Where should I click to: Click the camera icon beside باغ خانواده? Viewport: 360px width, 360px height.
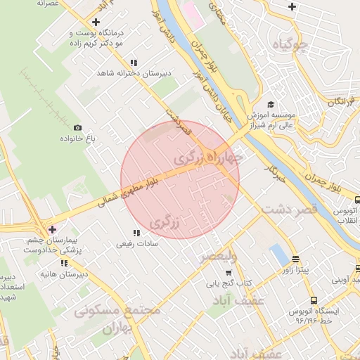pyautogui.click(x=77, y=128)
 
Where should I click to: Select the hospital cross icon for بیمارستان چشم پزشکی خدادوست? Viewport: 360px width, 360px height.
pyautogui.click(x=52, y=229)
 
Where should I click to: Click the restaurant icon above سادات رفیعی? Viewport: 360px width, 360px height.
pyautogui.click(x=136, y=233)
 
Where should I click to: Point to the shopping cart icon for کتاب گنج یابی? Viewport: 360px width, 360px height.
pyautogui.click(x=229, y=273)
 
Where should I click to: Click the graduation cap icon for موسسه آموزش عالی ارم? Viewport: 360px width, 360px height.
pyautogui.click(x=270, y=101)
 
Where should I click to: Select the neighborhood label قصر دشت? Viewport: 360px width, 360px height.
pyautogui.click(x=290, y=209)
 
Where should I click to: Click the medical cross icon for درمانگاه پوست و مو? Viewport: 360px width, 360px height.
pyautogui.click(x=96, y=22)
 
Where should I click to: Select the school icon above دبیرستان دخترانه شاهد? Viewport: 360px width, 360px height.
pyautogui.click(x=134, y=63)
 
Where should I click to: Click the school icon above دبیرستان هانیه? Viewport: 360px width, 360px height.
pyautogui.click(x=65, y=263)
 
